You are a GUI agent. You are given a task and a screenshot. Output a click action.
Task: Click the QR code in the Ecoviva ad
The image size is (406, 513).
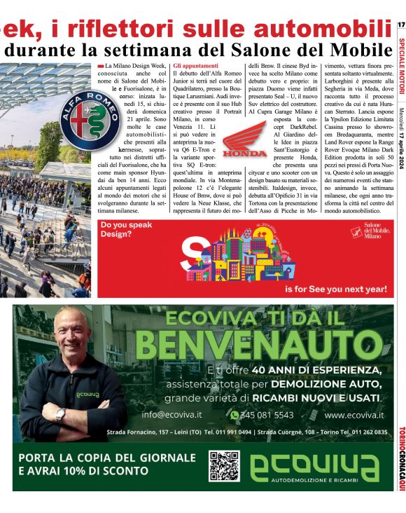(224, 466)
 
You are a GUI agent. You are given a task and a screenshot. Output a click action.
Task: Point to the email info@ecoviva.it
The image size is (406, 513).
(171, 414)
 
